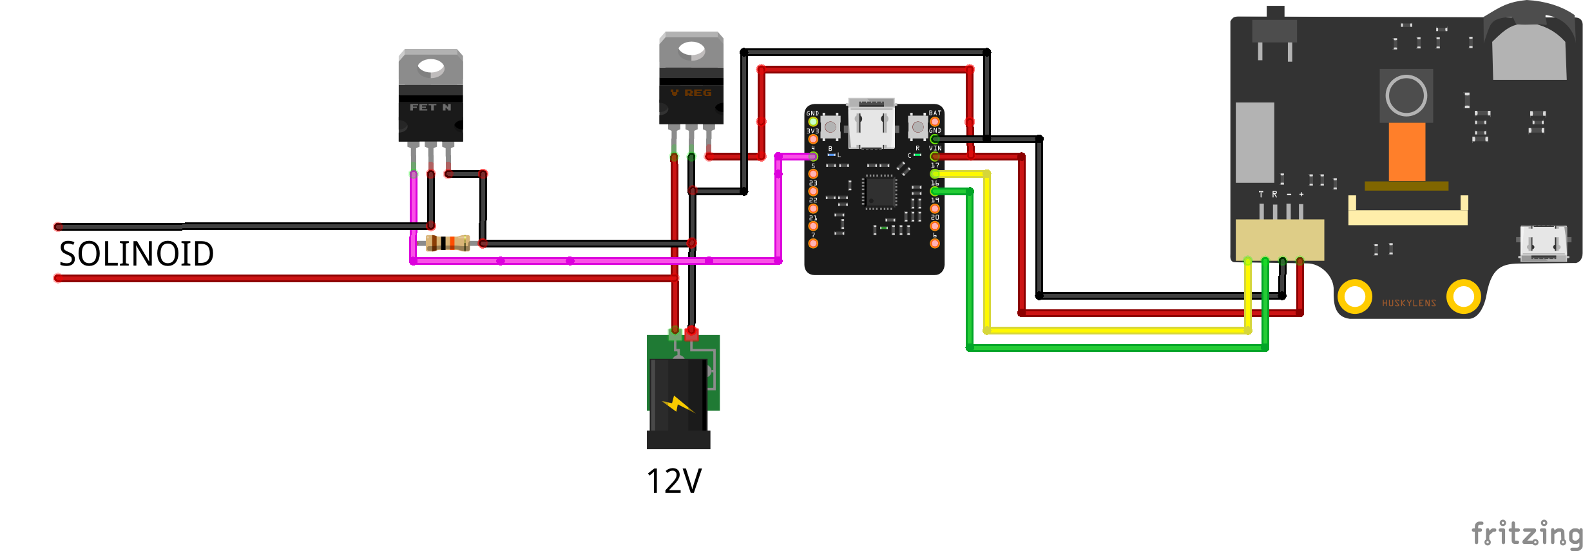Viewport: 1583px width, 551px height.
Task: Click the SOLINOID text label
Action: [x=136, y=254]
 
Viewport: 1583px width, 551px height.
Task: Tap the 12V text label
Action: [x=674, y=481]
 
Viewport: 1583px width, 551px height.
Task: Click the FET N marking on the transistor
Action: [x=430, y=108]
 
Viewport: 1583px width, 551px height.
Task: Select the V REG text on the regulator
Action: [x=691, y=93]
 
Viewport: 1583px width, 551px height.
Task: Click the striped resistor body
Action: [x=448, y=243]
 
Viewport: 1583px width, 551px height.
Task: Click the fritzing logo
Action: [x=1526, y=533]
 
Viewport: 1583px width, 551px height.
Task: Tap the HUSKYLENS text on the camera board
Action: [x=1408, y=303]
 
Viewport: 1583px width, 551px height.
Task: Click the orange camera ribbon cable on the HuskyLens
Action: [x=1406, y=152]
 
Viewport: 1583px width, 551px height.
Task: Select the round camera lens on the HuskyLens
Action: [x=1406, y=95]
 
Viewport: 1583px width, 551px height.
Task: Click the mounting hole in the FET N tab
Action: [x=431, y=67]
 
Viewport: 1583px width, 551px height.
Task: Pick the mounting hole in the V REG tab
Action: [x=691, y=49]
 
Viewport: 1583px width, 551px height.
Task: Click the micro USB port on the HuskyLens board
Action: [x=1543, y=243]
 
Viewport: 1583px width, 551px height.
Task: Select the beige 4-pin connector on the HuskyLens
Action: [x=1280, y=239]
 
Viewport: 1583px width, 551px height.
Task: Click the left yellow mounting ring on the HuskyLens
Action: [x=1355, y=296]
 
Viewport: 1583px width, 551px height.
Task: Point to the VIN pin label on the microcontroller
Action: [x=935, y=148]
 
